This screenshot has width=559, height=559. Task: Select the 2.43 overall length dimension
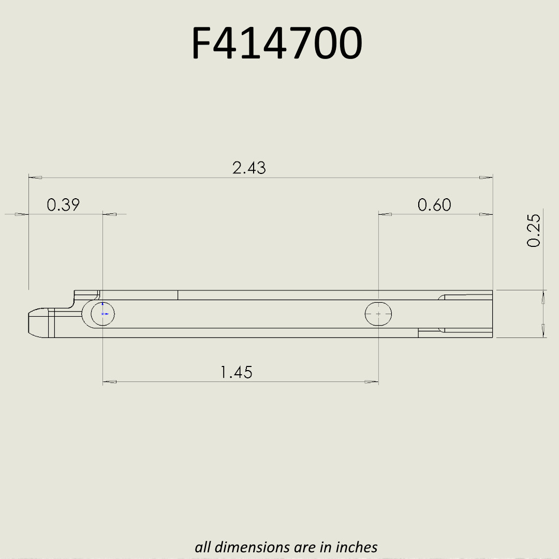[x=249, y=168]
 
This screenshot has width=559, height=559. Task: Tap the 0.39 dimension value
[x=63, y=205]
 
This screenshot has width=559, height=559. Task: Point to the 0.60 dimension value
[x=434, y=205]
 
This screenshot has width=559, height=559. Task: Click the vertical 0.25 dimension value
[x=534, y=230]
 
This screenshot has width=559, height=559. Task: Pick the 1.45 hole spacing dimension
[x=237, y=372]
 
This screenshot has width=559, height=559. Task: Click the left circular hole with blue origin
[x=102, y=314]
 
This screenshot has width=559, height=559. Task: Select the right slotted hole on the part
[x=378, y=314]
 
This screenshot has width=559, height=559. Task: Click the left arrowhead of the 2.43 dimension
[x=35, y=178]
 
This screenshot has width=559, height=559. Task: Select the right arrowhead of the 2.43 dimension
[x=486, y=178]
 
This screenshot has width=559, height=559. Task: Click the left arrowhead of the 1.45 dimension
[x=110, y=382]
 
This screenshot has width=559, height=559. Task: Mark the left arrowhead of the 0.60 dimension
[x=386, y=214]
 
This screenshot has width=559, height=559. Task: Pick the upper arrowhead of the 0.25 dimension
[x=542, y=297]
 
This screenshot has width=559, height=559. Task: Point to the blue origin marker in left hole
[x=104, y=313]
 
